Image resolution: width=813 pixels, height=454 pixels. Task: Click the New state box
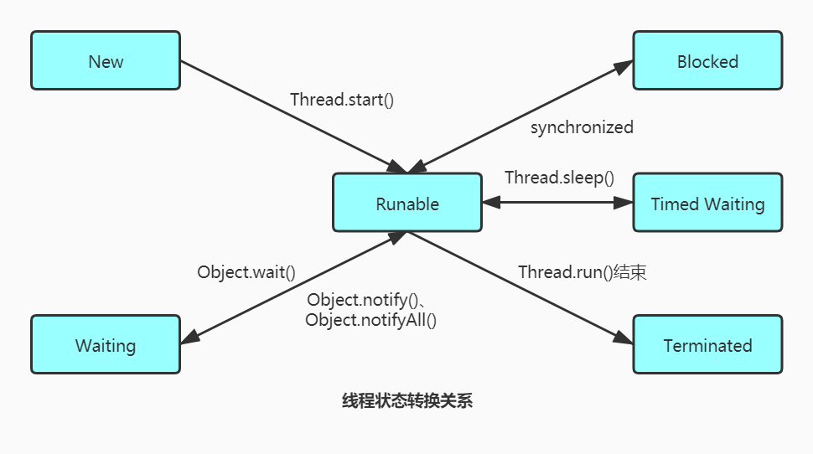pos(106,61)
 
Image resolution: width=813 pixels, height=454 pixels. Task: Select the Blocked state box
pos(707,61)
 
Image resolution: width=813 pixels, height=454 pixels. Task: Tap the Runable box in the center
pos(407,204)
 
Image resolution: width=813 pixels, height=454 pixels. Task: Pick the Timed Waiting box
pos(707,204)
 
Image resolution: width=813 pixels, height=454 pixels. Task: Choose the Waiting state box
pos(106,345)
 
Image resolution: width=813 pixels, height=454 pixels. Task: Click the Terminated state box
pos(707,345)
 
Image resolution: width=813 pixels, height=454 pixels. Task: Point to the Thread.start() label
pos(342,100)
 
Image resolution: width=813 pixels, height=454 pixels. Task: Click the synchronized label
pos(582,128)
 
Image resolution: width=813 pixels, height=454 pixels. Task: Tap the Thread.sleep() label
pos(559,178)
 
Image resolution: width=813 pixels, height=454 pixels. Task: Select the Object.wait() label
pos(246,272)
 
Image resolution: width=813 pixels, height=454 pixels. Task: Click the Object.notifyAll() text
pos(371,320)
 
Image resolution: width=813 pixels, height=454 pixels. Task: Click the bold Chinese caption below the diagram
pos(407,400)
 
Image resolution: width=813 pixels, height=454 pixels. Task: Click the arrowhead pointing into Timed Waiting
pos(624,203)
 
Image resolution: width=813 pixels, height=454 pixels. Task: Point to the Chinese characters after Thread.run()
pos(630,272)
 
